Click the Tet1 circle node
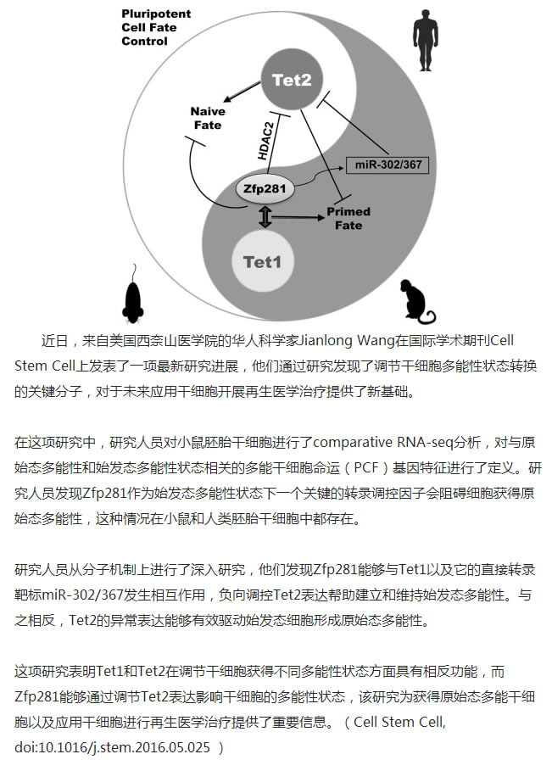click(x=262, y=261)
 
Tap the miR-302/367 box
click(x=388, y=165)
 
